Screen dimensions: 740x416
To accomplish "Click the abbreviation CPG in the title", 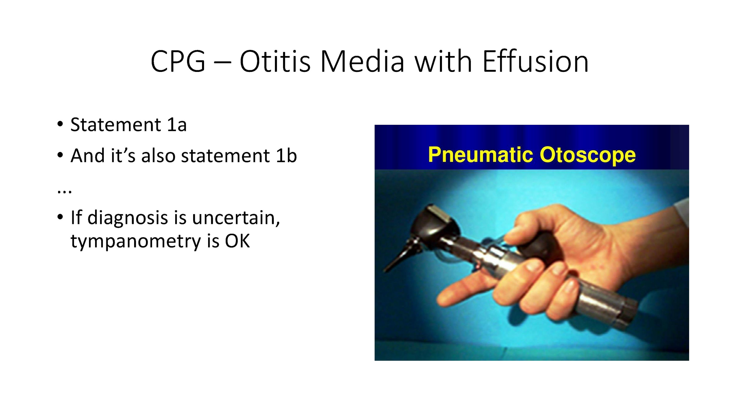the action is pyautogui.click(x=178, y=62).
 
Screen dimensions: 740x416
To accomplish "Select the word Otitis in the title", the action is pyautogui.click(x=275, y=61).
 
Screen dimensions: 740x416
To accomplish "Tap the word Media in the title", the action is pyautogui.click(x=362, y=61).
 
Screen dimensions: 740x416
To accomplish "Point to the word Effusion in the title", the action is pyautogui.click(x=535, y=61).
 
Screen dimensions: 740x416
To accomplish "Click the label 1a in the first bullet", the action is pyautogui.click(x=177, y=125).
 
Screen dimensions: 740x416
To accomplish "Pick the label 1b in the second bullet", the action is pyautogui.click(x=286, y=155).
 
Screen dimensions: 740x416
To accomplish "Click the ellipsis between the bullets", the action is pyautogui.click(x=64, y=192).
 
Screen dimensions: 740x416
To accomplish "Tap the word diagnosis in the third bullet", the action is pyautogui.click(x=127, y=218).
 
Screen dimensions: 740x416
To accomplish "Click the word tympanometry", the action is pyautogui.click(x=136, y=242).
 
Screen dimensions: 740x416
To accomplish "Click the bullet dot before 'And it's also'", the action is pyautogui.click(x=60, y=155).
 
